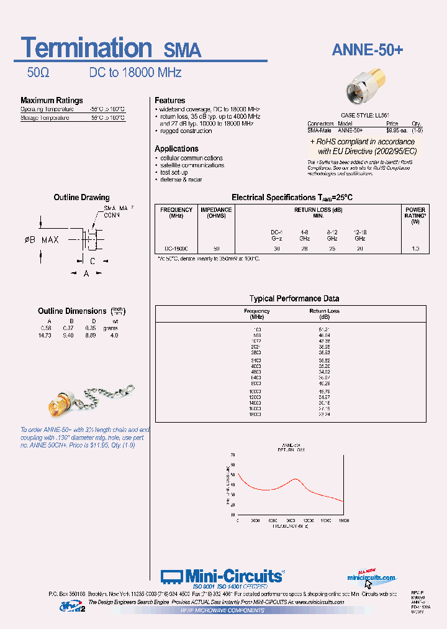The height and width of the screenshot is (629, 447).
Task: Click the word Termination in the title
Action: click(x=86, y=48)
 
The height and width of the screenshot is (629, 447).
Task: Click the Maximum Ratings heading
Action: click(x=52, y=101)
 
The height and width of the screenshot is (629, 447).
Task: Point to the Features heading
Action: click(x=169, y=101)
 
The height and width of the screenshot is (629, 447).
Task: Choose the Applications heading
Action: click(x=176, y=149)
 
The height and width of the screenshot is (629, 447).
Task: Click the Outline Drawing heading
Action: click(x=81, y=198)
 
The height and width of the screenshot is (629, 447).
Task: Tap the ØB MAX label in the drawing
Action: click(x=42, y=239)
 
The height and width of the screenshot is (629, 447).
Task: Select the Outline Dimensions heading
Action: click(x=72, y=311)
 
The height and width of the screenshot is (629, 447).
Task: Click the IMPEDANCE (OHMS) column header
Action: click(x=216, y=213)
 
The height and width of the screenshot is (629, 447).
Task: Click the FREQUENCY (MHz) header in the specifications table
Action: click(x=176, y=213)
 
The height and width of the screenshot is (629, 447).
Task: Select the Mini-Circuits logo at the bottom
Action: click(x=222, y=576)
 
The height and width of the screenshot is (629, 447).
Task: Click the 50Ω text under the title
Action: click(x=38, y=73)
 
